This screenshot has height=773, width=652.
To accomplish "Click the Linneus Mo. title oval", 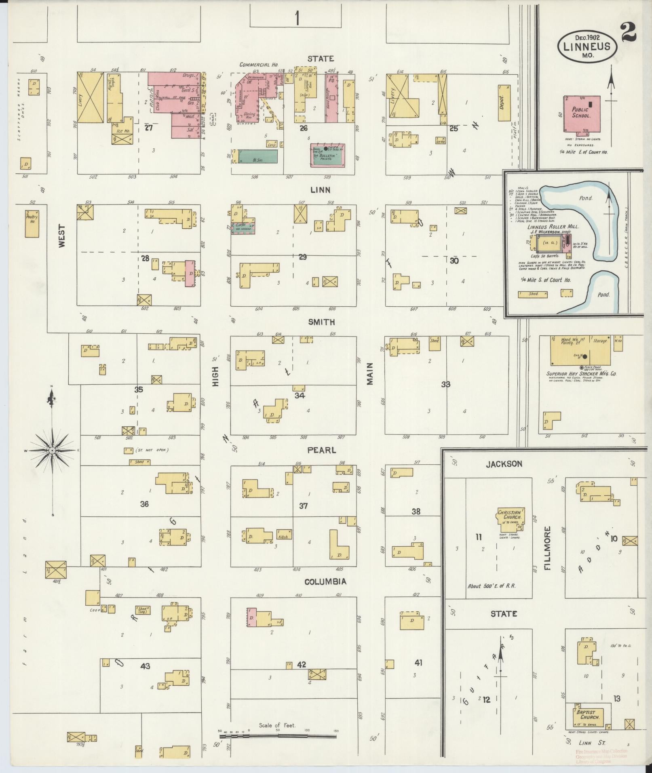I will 587,46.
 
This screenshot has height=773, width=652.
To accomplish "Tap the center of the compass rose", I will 53,450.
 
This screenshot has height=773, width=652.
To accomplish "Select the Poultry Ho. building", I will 32,223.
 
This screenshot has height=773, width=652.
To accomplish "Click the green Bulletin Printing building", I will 327,155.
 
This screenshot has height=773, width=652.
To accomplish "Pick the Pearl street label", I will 322,450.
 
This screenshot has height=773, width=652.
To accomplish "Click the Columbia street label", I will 325,581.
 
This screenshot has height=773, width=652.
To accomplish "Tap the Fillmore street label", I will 548,548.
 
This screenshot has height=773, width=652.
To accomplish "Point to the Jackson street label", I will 504,464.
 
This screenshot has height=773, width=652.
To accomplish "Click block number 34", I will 300,396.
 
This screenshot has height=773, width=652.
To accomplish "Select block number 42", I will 302,665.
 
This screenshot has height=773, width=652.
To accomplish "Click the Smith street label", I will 321,322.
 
